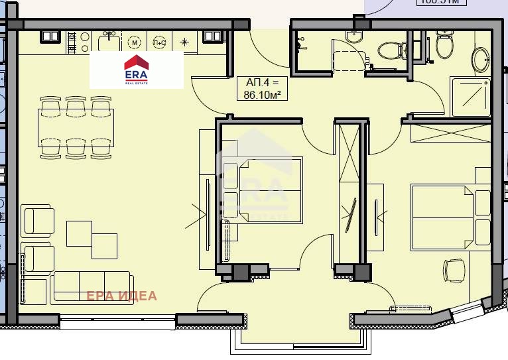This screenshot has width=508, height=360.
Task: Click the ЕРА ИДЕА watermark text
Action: [x=122, y=296]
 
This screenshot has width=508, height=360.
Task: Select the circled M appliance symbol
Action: [x=135, y=42]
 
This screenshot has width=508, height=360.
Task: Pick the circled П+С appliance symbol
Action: [x=159, y=42]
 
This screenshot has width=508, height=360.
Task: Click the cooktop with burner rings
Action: [x=74, y=43]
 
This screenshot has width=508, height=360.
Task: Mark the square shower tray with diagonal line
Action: [x=470, y=97]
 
